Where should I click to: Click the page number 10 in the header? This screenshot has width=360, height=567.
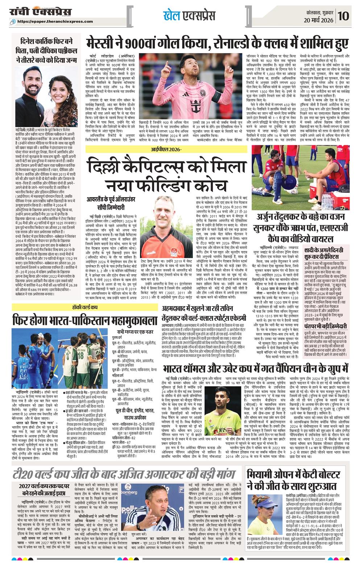point(344,16)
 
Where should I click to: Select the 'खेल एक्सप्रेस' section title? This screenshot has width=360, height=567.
point(189,15)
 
